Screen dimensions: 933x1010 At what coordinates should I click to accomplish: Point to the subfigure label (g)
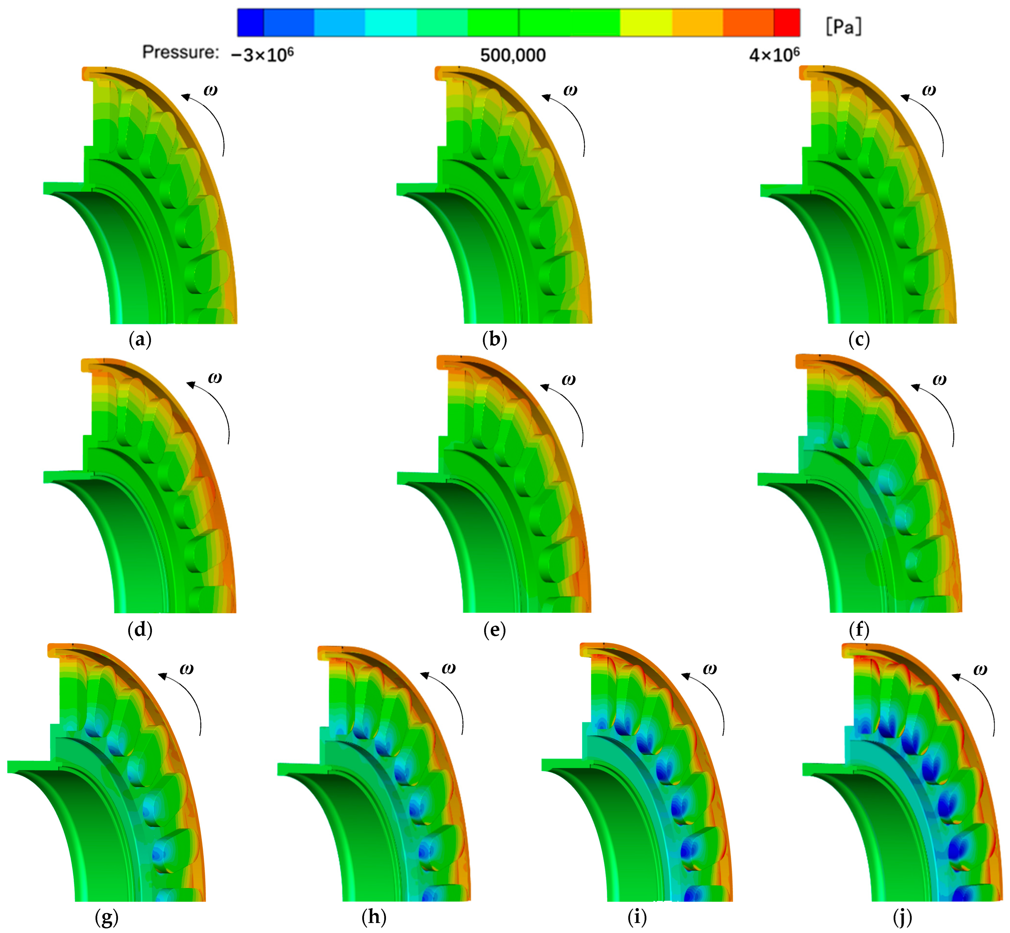click(106, 917)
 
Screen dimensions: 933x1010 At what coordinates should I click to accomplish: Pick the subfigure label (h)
click(374, 917)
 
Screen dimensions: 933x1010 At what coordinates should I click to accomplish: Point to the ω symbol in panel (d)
click(215, 378)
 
